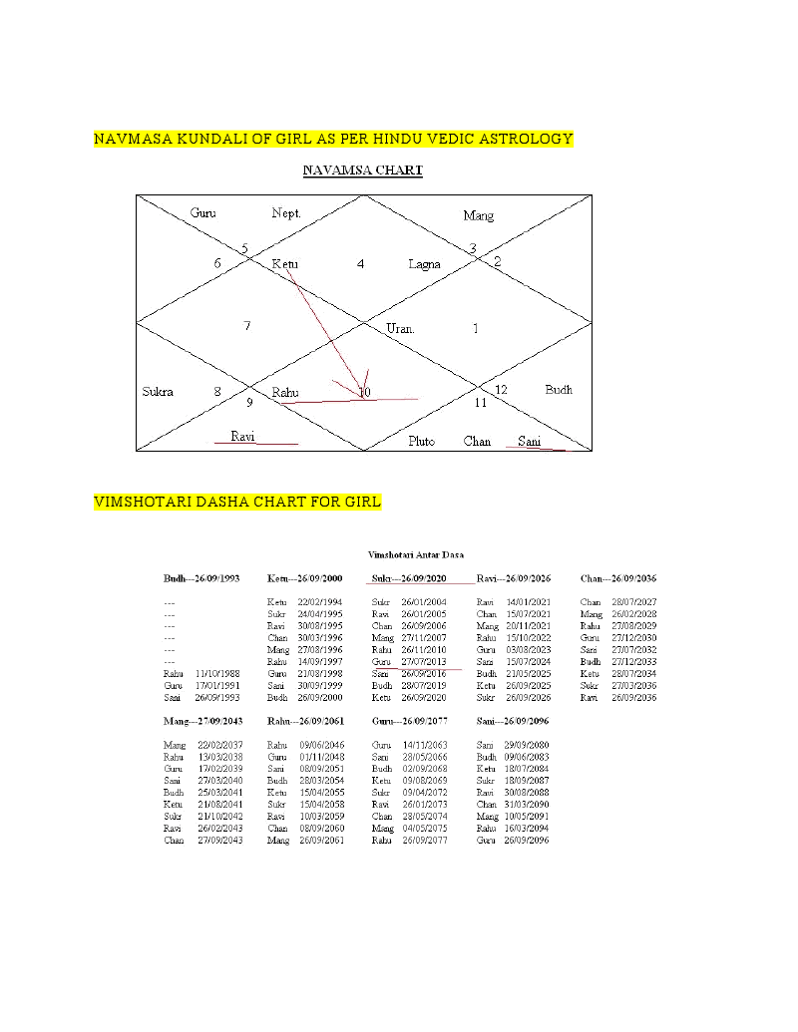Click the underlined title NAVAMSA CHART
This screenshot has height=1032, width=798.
tap(362, 171)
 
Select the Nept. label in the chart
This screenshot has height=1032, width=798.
tap(286, 213)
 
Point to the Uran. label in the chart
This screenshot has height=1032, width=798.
tap(400, 328)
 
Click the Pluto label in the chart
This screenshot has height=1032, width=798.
tap(421, 441)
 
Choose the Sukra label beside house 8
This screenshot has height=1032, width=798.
tap(157, 391)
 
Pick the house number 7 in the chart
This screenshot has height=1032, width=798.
tap(246, 326)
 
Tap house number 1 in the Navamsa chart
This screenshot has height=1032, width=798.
tap(476, 328)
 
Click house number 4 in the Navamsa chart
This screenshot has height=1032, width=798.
tap(360, 264)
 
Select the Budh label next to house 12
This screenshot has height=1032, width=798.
tap(559, 389)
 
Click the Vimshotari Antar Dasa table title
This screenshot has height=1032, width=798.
tap(415, 554)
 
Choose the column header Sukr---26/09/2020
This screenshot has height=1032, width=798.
tap(409, 578)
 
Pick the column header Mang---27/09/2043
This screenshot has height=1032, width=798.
tap(203, 720)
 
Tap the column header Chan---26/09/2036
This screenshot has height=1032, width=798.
tap(618, 578)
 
